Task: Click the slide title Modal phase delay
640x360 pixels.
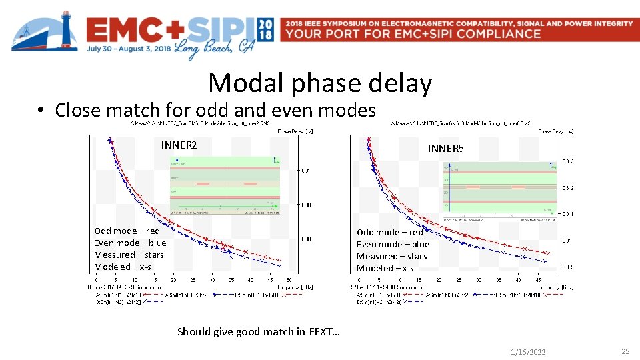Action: coord(320,83)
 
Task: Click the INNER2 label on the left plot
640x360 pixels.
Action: coord(179,145)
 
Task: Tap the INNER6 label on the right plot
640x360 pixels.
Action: coord(445,148)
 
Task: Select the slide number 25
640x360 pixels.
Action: coord(625,351)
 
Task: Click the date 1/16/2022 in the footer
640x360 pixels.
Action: coord(527,351)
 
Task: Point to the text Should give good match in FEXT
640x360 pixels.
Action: coord(258,331)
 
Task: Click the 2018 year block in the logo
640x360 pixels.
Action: coord(265,29)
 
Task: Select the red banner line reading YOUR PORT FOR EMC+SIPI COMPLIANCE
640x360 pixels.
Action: coord(412,34)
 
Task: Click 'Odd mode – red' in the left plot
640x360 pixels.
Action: coord(127,231)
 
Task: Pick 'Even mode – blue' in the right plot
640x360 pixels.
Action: coord(393,244)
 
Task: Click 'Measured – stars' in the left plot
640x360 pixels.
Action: coord(129,255)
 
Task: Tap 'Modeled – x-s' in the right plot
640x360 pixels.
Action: coord(385,268)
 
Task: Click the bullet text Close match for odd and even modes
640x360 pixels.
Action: coord(215,109)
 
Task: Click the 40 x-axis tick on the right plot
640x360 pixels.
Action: coord(517,280)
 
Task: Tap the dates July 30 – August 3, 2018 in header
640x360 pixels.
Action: coord(128,49)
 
